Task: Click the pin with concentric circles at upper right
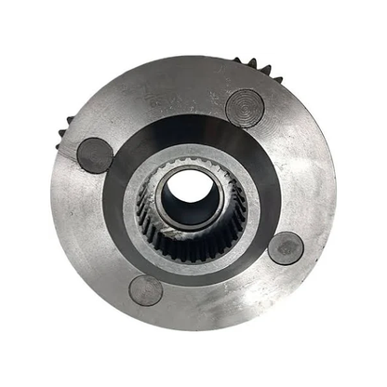245,108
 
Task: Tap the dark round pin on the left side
95,154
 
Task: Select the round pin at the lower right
285,248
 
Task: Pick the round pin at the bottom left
146,290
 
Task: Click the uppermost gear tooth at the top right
238,60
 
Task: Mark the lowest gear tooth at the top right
277,81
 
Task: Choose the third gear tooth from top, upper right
265,70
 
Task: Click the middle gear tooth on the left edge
63,132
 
